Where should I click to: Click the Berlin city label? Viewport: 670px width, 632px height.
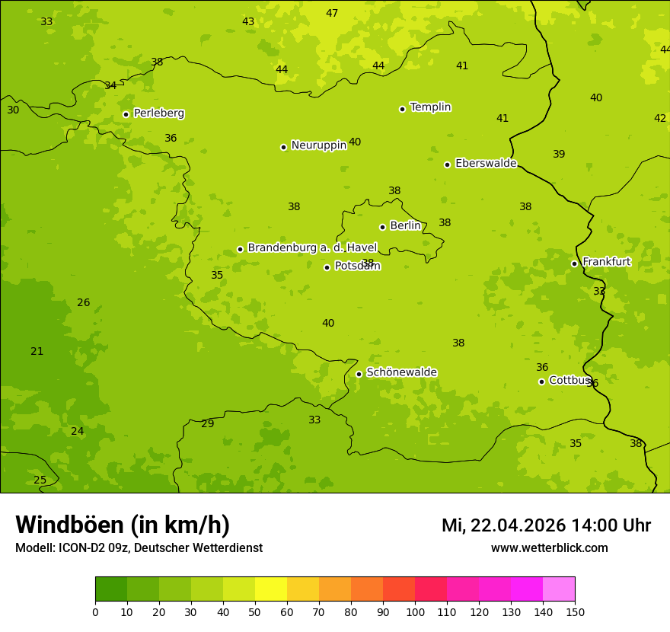click(x=405, y=226)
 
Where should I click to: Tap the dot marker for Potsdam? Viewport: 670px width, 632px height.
click(x=327, y=267)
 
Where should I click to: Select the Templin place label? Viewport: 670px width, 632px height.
click(x=430, y=107)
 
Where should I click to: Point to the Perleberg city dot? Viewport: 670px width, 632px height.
click(x=126, y=115)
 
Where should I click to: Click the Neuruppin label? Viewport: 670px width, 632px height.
click(x=318, y=145)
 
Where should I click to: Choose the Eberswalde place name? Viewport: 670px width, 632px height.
click(x=486, y=164)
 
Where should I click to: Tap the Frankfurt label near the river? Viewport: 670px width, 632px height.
click(x=606, y=262)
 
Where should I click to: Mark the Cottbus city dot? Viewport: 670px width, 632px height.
click(x=541, y=381)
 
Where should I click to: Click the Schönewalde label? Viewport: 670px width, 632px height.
click(x=401, y=372)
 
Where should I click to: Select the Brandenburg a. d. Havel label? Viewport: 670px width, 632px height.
click(x=312, y=247)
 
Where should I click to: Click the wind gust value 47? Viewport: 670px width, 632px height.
click(x=332, y=14)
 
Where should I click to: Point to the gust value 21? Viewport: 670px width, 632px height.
click(x=37, y=352)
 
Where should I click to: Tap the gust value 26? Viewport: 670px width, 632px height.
click(x=83, y=303)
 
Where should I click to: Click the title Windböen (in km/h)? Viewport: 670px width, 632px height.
click(x=123, y=525)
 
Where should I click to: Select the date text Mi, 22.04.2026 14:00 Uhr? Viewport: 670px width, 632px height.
click(x=546, y=525)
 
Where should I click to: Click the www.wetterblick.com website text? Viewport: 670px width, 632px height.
click(x=549, y=548)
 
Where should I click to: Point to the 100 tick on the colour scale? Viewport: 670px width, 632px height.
click(x=415, y=611)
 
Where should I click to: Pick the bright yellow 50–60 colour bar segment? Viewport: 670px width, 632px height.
click(x=271, y=589)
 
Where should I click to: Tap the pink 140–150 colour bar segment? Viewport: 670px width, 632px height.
click(x=559, y=589)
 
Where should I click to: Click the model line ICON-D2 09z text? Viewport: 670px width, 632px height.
click(x=139, y=548)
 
